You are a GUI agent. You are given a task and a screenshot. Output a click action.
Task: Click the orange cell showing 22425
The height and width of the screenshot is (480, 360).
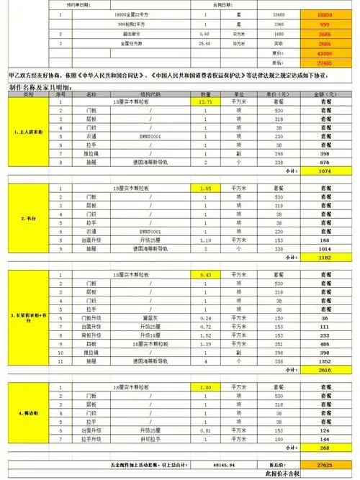pos(324,62)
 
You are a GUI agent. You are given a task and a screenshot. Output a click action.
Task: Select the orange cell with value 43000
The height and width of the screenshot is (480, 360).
pos(324,53)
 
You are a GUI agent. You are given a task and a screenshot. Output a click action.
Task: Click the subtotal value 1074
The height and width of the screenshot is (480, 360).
pos(324,172)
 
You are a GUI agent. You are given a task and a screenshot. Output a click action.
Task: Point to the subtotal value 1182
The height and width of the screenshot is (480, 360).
pos(324,257)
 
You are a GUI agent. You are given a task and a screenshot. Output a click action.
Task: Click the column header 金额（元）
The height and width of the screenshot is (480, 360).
pos(324,94)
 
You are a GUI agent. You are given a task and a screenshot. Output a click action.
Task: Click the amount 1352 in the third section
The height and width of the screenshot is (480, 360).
pos(324,361)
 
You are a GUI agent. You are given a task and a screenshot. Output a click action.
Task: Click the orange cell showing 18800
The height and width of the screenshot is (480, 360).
pos(324,14)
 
